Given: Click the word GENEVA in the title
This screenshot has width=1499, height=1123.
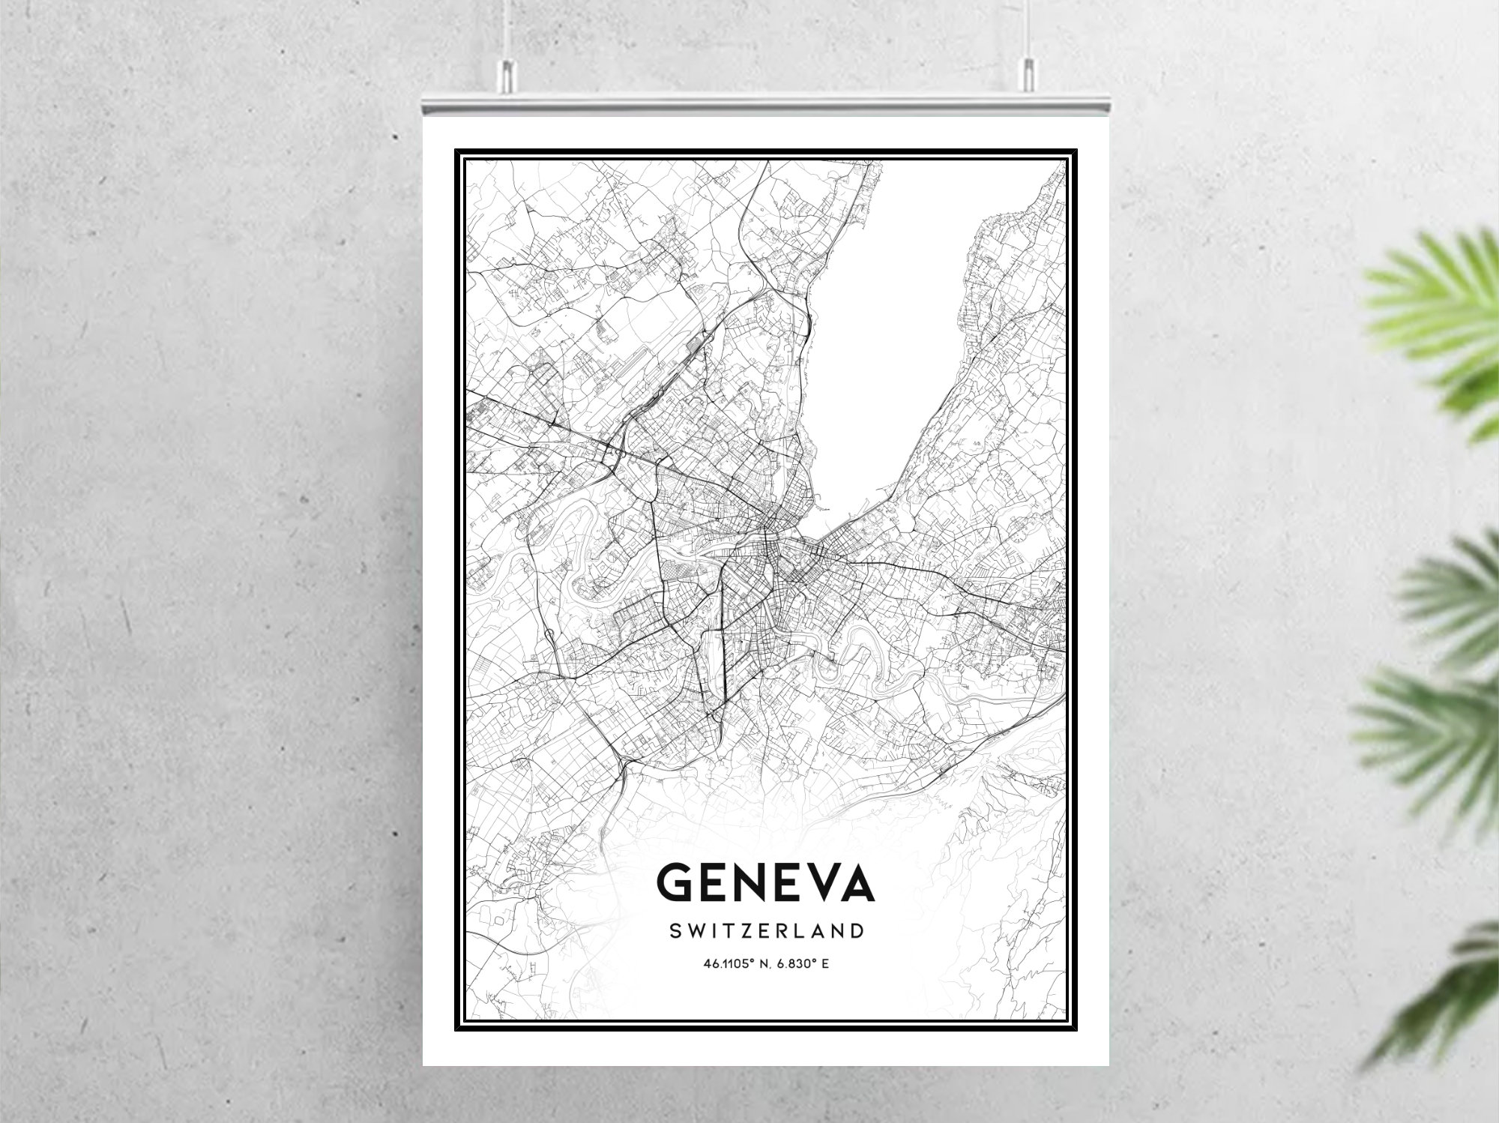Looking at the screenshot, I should tap(765, 882).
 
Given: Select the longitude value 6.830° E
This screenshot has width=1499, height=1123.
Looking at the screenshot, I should tap(803, 964).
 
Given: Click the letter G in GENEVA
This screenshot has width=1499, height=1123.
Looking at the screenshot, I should tap(677, 882).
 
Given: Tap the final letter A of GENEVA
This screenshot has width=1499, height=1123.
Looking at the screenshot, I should tap(854, 882).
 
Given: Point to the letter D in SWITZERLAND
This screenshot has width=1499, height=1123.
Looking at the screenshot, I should tap(857, 931).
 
